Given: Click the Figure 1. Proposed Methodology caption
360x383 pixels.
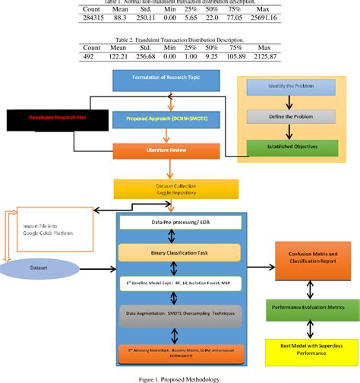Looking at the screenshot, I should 179,376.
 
